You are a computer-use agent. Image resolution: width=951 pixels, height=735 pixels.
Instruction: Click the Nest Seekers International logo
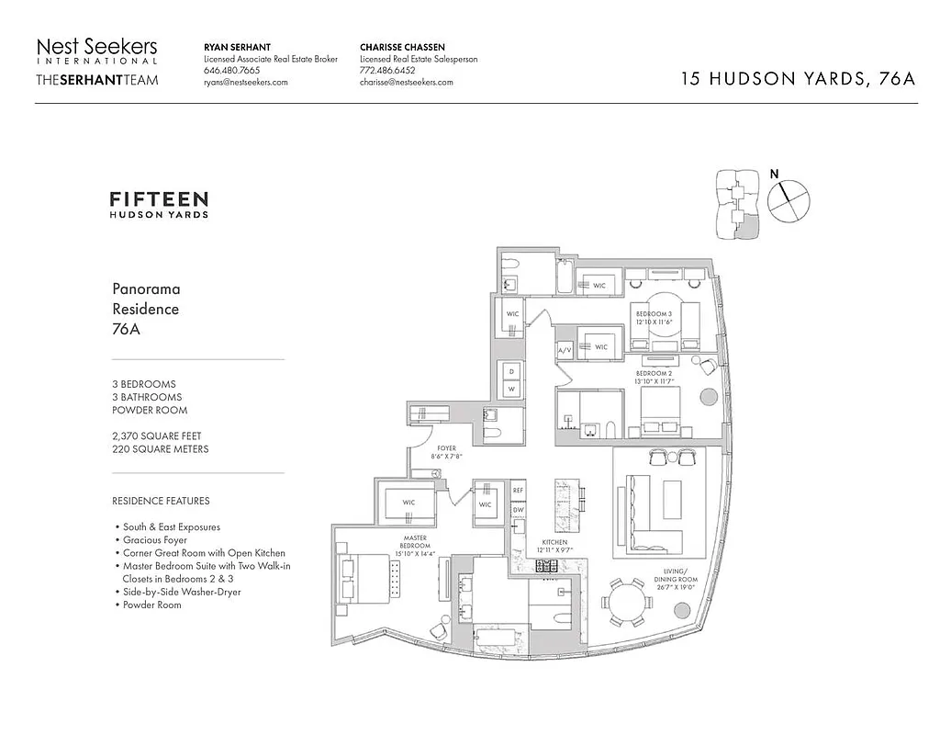(96, 51)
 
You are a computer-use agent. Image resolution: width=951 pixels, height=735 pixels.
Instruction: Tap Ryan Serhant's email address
(245, 82)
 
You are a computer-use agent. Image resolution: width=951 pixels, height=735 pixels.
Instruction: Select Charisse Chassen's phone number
(387, 70)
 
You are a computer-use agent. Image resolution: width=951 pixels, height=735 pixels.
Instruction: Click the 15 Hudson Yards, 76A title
(798, 78)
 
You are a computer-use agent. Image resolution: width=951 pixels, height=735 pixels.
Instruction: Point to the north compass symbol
(789, 200)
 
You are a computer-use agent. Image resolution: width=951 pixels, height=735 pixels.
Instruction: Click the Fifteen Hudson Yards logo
(159, 204)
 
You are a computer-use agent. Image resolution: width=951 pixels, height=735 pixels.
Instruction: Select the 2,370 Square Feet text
(157, 435)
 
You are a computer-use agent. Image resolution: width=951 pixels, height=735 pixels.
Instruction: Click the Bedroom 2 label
(659, 377)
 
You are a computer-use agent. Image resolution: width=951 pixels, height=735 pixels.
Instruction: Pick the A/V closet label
(564, 350)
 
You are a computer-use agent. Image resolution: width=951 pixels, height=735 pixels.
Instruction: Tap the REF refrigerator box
(518, 492)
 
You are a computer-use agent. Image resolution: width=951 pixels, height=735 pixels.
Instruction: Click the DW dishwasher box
(518, 510)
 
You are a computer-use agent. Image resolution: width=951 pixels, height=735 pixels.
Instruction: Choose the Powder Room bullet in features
(152, 605)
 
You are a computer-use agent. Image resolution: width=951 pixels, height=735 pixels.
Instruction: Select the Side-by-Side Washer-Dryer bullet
(182, 593)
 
